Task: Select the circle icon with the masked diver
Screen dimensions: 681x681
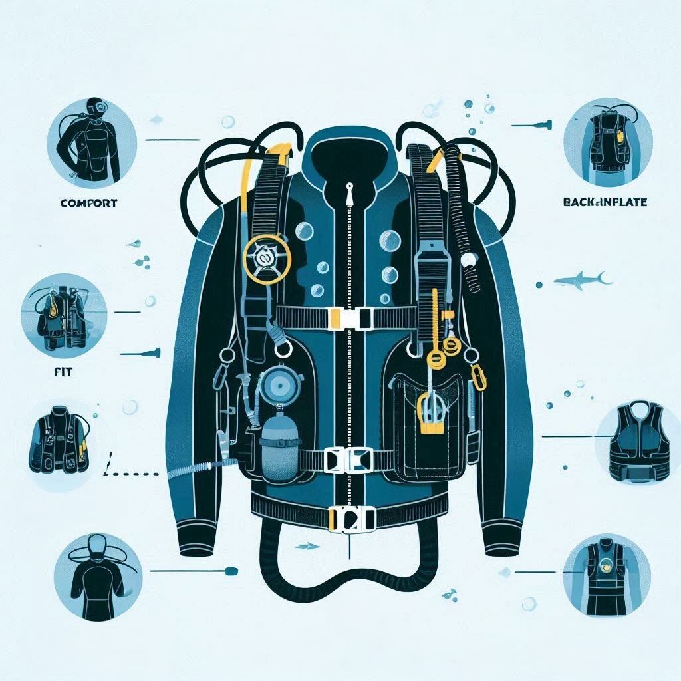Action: (92, 142)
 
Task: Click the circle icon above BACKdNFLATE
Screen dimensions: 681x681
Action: (607, 141)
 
